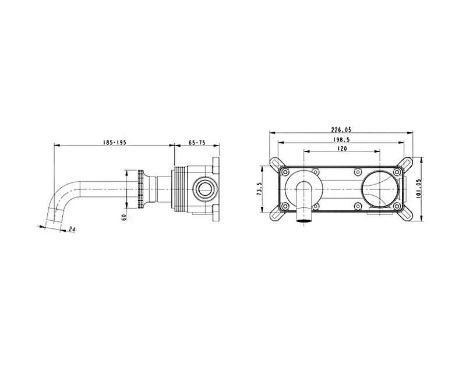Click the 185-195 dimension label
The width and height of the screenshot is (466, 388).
tap(115, 142)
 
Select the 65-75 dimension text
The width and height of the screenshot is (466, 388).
tap(197, 142)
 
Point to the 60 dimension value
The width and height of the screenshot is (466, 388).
tap(124, 217)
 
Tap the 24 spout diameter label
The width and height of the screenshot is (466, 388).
tap(72, 229)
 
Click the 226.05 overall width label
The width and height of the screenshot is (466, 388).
tap(341, 130)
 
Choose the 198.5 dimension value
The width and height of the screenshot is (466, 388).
tap(341, 139)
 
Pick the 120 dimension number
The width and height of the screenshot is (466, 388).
tap(343, 149)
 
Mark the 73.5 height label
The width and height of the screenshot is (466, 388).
tap(259, 189)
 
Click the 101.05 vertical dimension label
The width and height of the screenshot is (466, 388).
tap(418, 189)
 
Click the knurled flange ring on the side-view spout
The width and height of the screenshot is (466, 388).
tap(140, 189)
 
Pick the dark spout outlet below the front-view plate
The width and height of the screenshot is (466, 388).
tap(303, 220)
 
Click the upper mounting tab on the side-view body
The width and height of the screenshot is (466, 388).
tap(216, 165)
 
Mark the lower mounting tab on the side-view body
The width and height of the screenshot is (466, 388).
tap(216, 213)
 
